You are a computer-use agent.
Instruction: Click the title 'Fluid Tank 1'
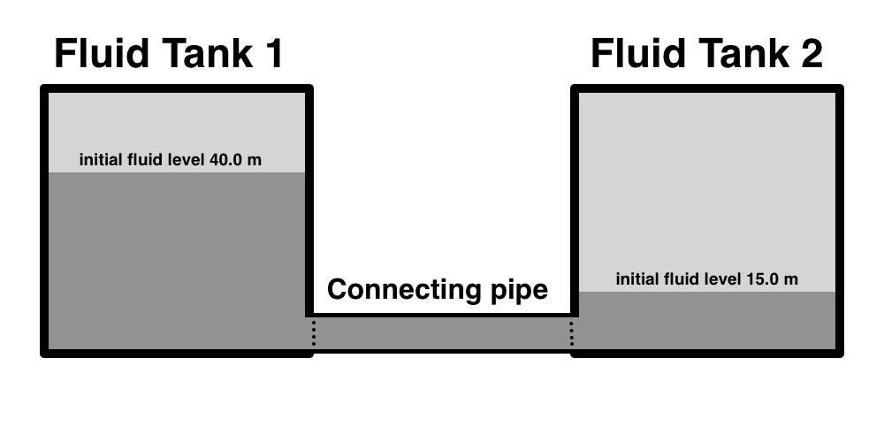(168, 55)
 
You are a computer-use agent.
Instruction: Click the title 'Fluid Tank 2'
(706, 55)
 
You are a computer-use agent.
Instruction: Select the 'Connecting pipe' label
(438, 290)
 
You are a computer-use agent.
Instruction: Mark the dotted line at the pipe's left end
(313, 333)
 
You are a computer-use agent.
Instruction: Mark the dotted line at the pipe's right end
(571, 333)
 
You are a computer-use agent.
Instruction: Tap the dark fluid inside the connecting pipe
(442, 333)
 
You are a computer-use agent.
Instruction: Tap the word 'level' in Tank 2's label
(721, 279)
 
